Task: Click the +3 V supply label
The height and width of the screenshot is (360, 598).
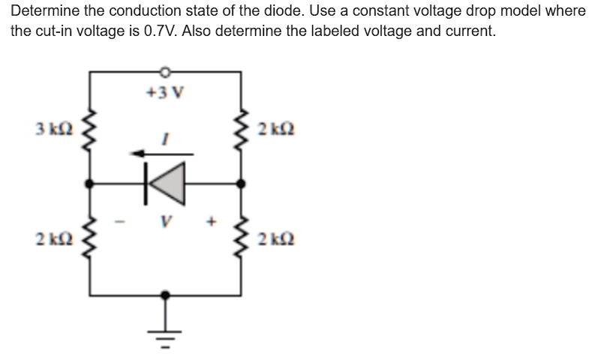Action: (165, 93)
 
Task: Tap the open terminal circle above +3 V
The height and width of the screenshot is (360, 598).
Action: (165, 72)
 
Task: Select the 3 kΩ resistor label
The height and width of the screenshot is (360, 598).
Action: (53, 128)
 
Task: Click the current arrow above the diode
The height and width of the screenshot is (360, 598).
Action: (161, 154)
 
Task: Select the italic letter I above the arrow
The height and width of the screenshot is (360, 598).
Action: (167, 137)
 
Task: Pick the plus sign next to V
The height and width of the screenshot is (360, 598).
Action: (212, 222)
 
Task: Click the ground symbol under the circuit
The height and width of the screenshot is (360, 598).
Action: (166, 332)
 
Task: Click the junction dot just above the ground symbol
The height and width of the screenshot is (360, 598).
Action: (166, 295)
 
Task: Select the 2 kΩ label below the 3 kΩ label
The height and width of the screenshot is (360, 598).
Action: (53, 239)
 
